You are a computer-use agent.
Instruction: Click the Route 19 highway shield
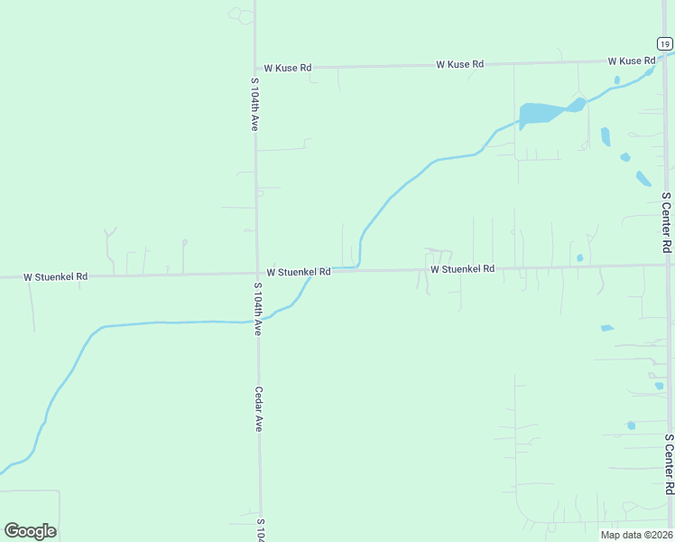pyautogui.click(x=663, y=43)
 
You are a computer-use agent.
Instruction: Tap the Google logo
pyautogui.click(x=30, y=531)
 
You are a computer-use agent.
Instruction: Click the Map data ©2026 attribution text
pyautogui.click(x=636, y=535)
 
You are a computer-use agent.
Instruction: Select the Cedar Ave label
pyautogui.click(x=258, y=409)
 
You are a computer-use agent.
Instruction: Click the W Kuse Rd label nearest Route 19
pyautogui.click(x=631, y=61)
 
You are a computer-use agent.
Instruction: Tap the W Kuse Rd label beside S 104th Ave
pyautogui.click(x=287, y=68)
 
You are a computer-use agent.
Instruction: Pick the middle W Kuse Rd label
pyautogui.click(x=459, y=64)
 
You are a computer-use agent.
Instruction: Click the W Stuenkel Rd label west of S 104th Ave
pyautogui.click(x=55, y=276)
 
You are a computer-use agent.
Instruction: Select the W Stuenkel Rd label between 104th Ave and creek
pyautogui.click(x=299, y=272)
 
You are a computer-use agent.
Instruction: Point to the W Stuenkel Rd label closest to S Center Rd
pyautogui.click(x=462, y=269)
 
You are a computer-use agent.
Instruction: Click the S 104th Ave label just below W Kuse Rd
pyautogui.click(x=254, y=105)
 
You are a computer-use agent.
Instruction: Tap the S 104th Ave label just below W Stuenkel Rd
pyautogui.click(x=257, y=310)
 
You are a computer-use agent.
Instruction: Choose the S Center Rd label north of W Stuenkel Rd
pyautogui.click(x=666, y=221)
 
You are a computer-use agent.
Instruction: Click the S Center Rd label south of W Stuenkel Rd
pyautogui.click(x=669, y=464)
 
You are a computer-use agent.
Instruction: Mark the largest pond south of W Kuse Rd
pyautogui.click(x=540, y=114)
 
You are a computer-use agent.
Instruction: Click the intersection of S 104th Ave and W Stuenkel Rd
pyautogui.click(x=256, y=273)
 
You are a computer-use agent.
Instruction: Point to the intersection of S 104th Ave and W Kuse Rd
pyautogui.click(x=254, y=68)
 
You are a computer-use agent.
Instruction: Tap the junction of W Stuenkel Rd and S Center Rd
pyautogui.click(x=668, y=266)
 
